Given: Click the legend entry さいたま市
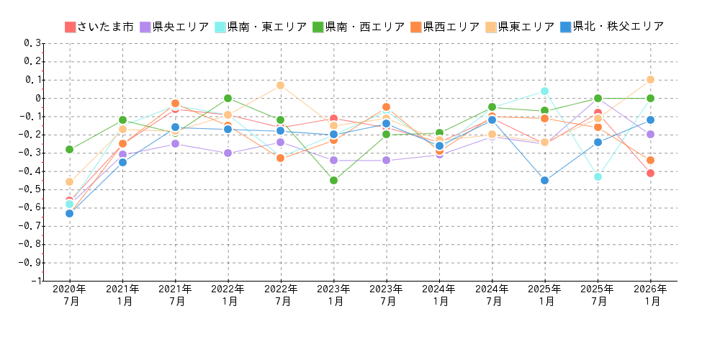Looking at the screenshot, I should click(99, 27).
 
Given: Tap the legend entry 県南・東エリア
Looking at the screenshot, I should click(260, 27).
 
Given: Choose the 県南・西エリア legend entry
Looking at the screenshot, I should click(358, 27).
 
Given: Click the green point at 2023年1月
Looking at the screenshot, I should click(333, 180).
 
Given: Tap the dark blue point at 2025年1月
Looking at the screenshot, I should click(544, 180).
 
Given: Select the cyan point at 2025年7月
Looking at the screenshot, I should click(598, 176).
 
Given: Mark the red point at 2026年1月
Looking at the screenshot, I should click(650, 173).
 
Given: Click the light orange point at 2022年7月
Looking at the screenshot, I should click(280, 85).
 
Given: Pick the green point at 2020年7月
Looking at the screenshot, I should click(69, 149).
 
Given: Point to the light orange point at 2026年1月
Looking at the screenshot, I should click(650, 79).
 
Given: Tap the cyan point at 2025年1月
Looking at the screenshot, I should click(544, 91).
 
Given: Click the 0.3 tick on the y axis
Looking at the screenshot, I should click(33, 43).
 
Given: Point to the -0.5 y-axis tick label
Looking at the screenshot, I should click(32, 189).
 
